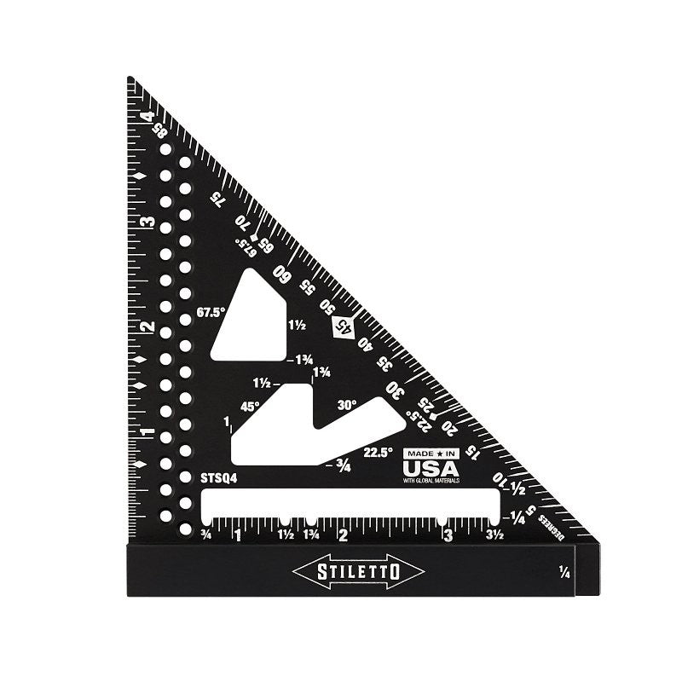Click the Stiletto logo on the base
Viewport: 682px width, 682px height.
(358, 571)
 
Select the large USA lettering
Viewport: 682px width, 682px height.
(431, 468)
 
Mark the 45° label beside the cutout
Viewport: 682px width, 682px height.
(250, 407)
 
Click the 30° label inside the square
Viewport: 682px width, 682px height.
(346, 405)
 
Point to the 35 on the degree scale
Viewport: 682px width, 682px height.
(384, 364)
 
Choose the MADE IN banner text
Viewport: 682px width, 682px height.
(431, 453)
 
